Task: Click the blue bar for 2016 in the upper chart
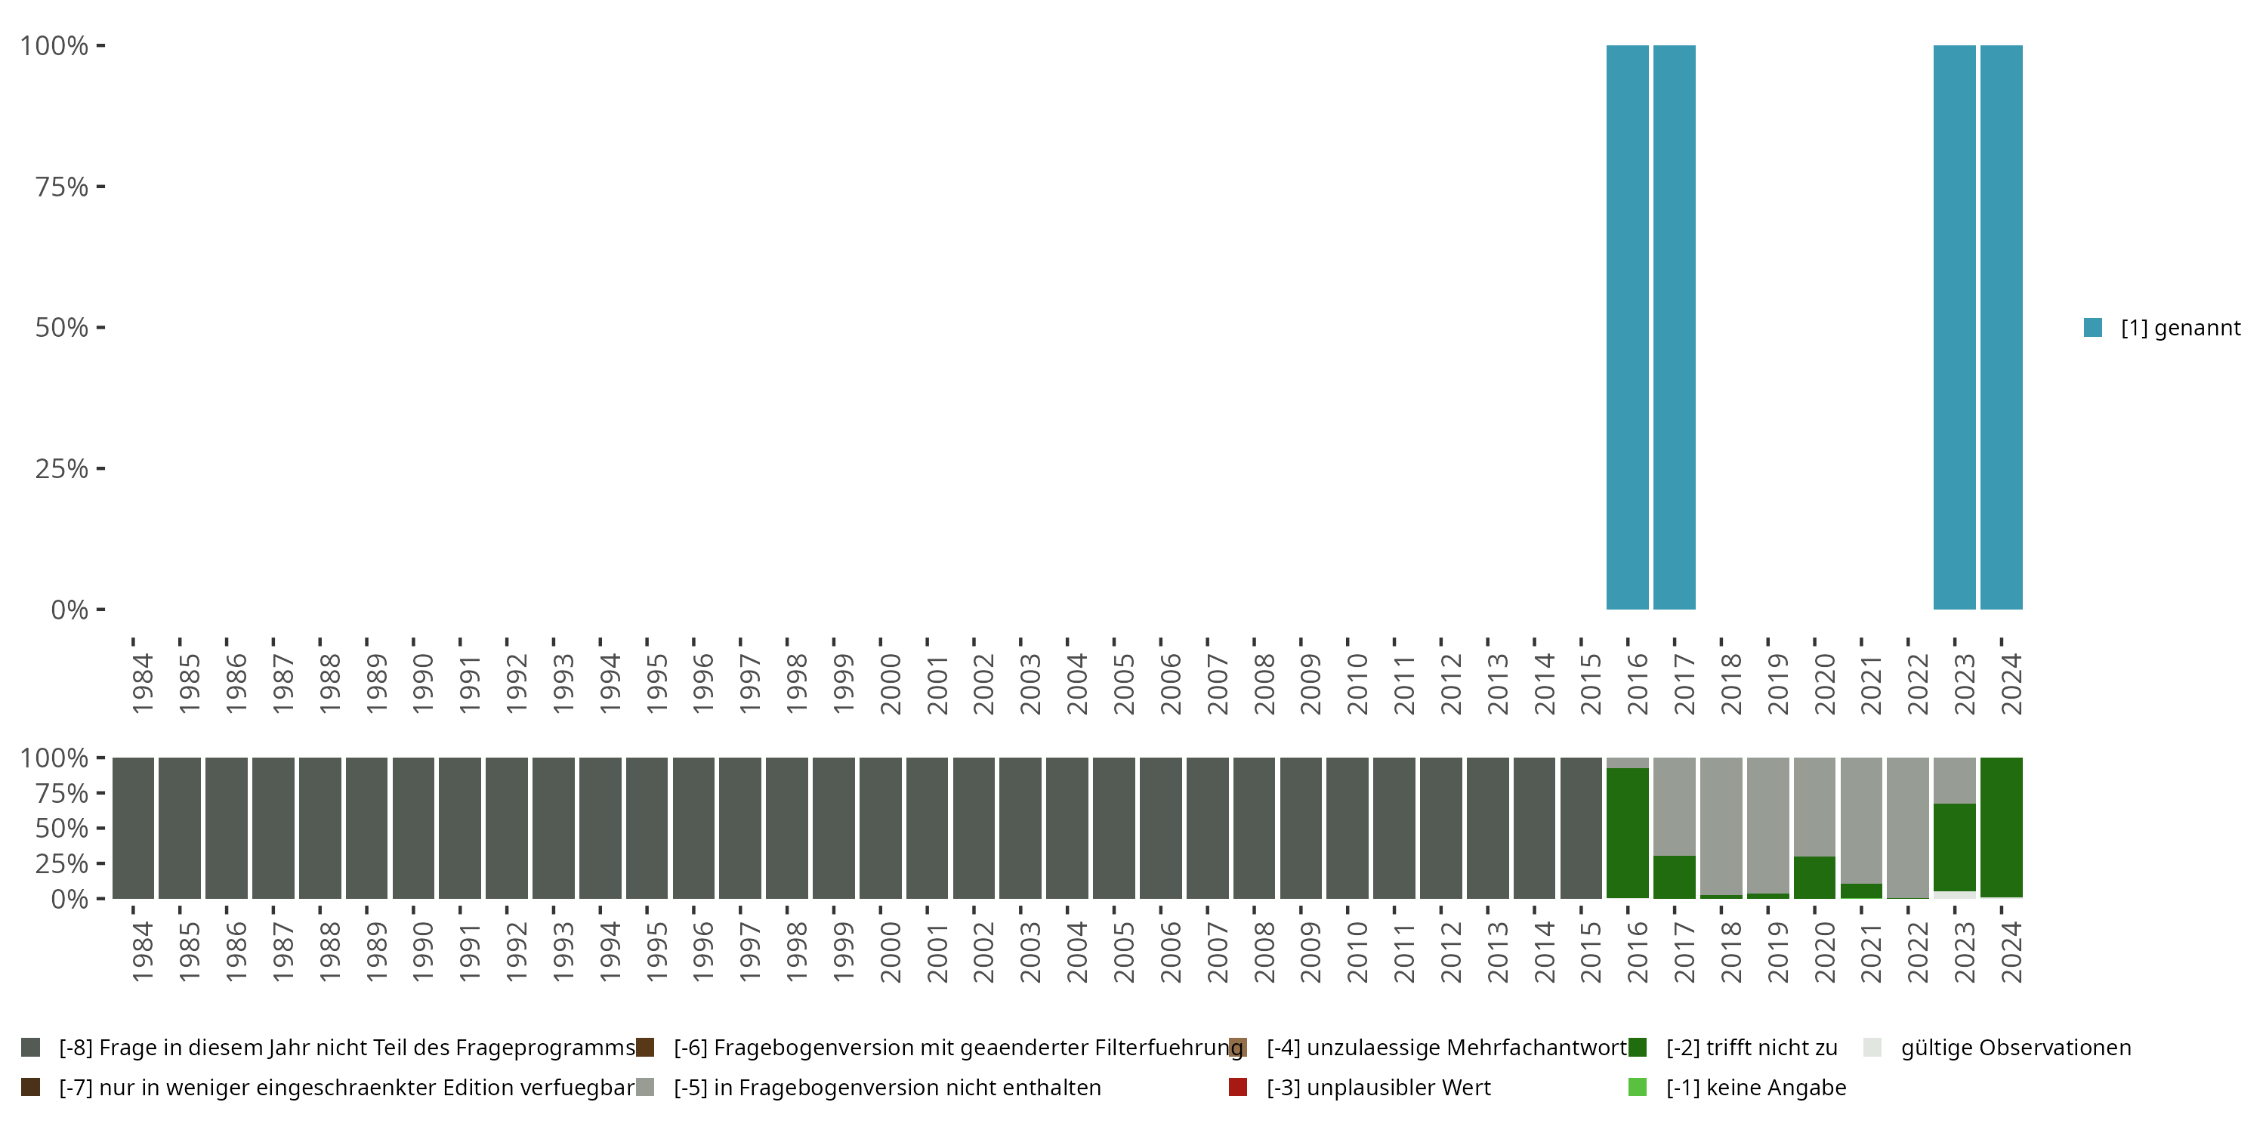1628,327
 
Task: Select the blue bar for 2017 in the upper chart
1674,327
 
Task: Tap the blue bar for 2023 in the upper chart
1954,327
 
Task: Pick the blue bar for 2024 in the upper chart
2001,327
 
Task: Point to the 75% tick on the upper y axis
62,187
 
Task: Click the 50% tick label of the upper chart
62,327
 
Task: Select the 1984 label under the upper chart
143,684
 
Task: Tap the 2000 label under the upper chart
891,684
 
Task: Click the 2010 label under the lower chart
1357,952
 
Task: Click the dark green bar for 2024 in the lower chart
2001,827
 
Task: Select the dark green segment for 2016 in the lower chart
1628,833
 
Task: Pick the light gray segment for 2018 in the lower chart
1721,825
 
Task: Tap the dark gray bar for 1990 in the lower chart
413,828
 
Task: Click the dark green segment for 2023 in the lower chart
1954,847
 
